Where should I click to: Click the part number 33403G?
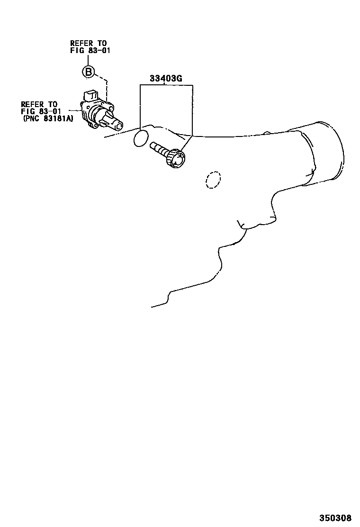tap(166, 79)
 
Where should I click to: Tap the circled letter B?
tap(88, 72)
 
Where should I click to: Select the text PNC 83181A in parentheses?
tap(48, 119)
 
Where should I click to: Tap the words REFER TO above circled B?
tap(89, 43)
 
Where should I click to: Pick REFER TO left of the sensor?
tap(39, 104)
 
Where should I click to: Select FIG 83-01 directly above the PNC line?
tap(41, 111)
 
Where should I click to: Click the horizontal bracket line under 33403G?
tap(166, 85)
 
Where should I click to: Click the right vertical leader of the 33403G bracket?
tap(192, 109)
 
